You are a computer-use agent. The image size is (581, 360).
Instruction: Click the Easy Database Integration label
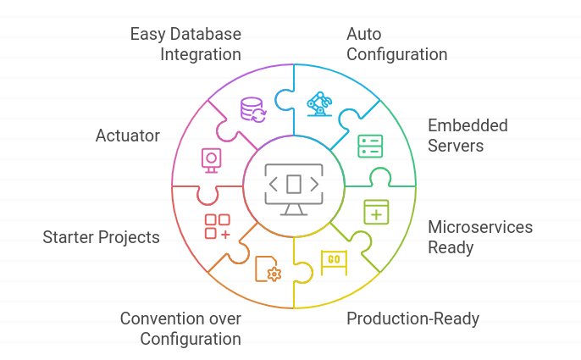[x=185, y=44]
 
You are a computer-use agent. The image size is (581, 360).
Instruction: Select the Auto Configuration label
[x=396, y=44]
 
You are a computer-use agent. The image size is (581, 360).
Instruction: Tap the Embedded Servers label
[x=468, y=135]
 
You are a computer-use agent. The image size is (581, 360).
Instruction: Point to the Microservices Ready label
[x=480, y=237]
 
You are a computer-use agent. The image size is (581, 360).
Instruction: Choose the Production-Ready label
[x=413, y=318]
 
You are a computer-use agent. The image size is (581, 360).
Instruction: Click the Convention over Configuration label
[x=180, y=329]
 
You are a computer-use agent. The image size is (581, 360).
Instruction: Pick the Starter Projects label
[x=102, y=237]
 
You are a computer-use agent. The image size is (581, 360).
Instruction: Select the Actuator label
[x=128, y=136]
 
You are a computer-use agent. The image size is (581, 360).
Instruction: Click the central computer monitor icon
[x=293, y=186]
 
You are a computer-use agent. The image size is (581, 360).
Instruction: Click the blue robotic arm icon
[x=319, y=104]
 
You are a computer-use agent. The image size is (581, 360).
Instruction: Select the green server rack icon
[x=370, y=146]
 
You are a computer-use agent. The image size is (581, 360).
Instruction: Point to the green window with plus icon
[x=376, y=212]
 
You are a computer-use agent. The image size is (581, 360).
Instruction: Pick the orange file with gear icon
[x=267, y=269]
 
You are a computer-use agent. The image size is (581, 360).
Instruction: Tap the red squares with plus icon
[x=217, y=226]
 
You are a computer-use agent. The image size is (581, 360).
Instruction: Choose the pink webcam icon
[x=211, y=159]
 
